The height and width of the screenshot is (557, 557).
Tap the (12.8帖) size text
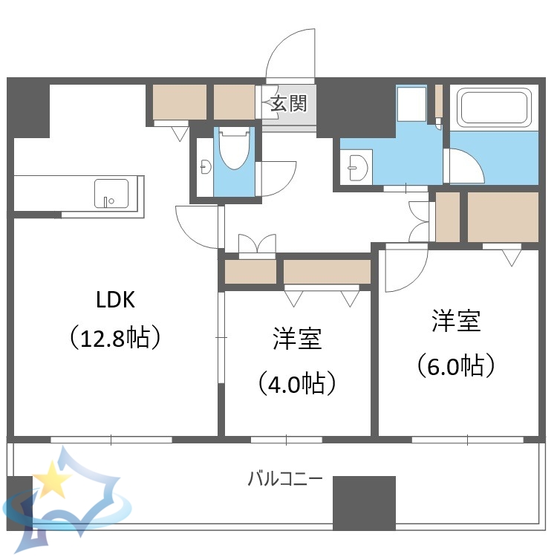(x=115, y=339)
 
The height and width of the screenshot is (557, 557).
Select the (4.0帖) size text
(x=297, y=383)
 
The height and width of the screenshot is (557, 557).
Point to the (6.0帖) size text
(x=456, y=365)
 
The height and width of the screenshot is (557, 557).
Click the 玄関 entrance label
(x=288, y=103)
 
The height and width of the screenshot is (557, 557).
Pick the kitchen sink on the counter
(x=111, y=193)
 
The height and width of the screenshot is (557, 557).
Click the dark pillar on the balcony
(x=364, y=503)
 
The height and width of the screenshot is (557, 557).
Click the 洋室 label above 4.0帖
(x=297, y=339)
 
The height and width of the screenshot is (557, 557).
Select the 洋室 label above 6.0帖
(x=456, y=321)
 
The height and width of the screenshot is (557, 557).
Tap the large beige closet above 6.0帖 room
(x=503, y=216)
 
